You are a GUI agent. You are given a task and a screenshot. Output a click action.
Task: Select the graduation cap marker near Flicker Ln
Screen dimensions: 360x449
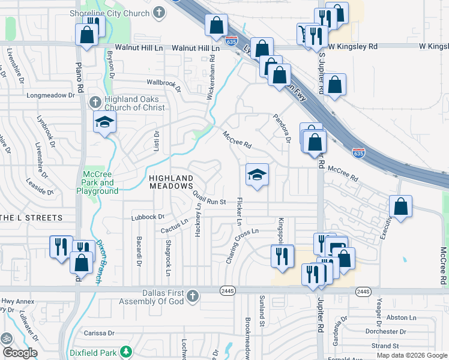tap(257, 175)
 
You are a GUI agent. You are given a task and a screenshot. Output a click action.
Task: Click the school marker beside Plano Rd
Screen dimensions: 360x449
tap(104, 122)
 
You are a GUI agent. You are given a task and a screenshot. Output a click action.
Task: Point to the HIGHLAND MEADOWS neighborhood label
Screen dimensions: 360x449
tap(171, 182)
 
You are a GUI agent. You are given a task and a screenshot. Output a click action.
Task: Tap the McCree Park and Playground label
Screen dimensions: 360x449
tap(97, 182)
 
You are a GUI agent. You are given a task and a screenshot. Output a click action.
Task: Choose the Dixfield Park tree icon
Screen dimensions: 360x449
tap(126, 351)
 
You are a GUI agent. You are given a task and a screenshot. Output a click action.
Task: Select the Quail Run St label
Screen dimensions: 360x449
tap(209, 198)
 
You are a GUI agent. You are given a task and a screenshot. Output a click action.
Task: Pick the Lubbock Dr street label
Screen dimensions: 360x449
tap(147, 217)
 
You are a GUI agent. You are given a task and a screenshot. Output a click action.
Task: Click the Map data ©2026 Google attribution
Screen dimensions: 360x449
tap(411, 355)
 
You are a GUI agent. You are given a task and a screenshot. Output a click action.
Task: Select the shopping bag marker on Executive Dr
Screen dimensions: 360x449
tap(400, 206)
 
